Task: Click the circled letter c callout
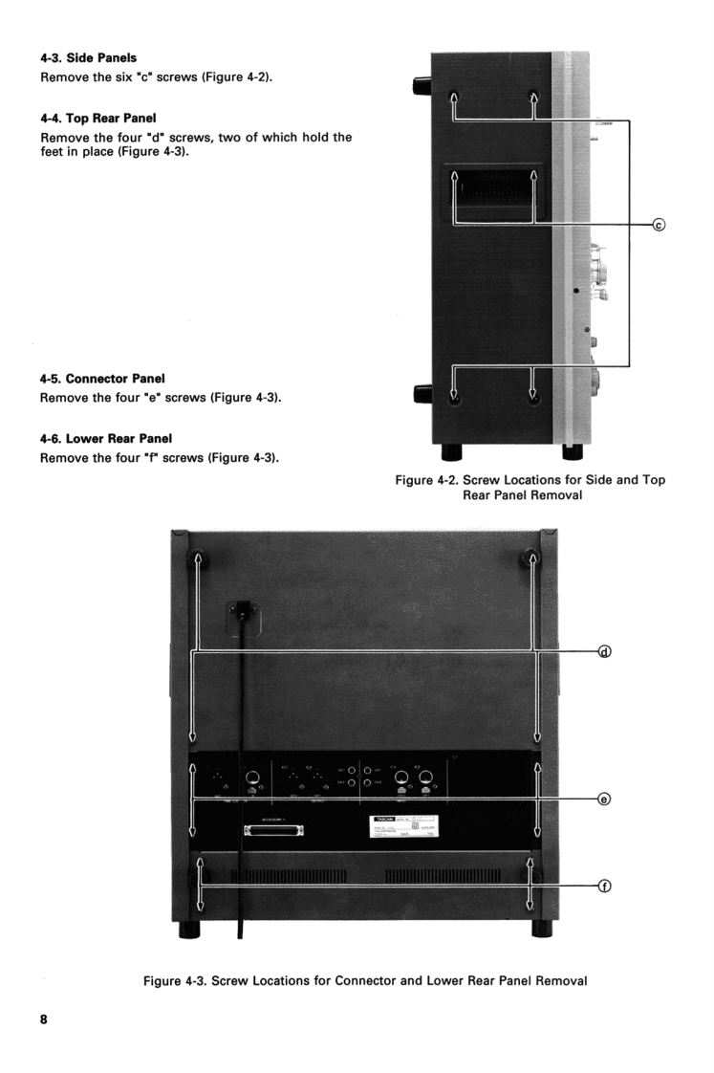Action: pyautogui.click(x=658, y=226)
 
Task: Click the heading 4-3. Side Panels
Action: pyautogui.click(x=81, y=58)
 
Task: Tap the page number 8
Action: pyautogui.click(x=43, y=1019)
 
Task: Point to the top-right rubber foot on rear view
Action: pyautogui.click(x=532, y=564)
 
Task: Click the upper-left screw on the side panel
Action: pyautogui.click(x=454, y=97)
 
